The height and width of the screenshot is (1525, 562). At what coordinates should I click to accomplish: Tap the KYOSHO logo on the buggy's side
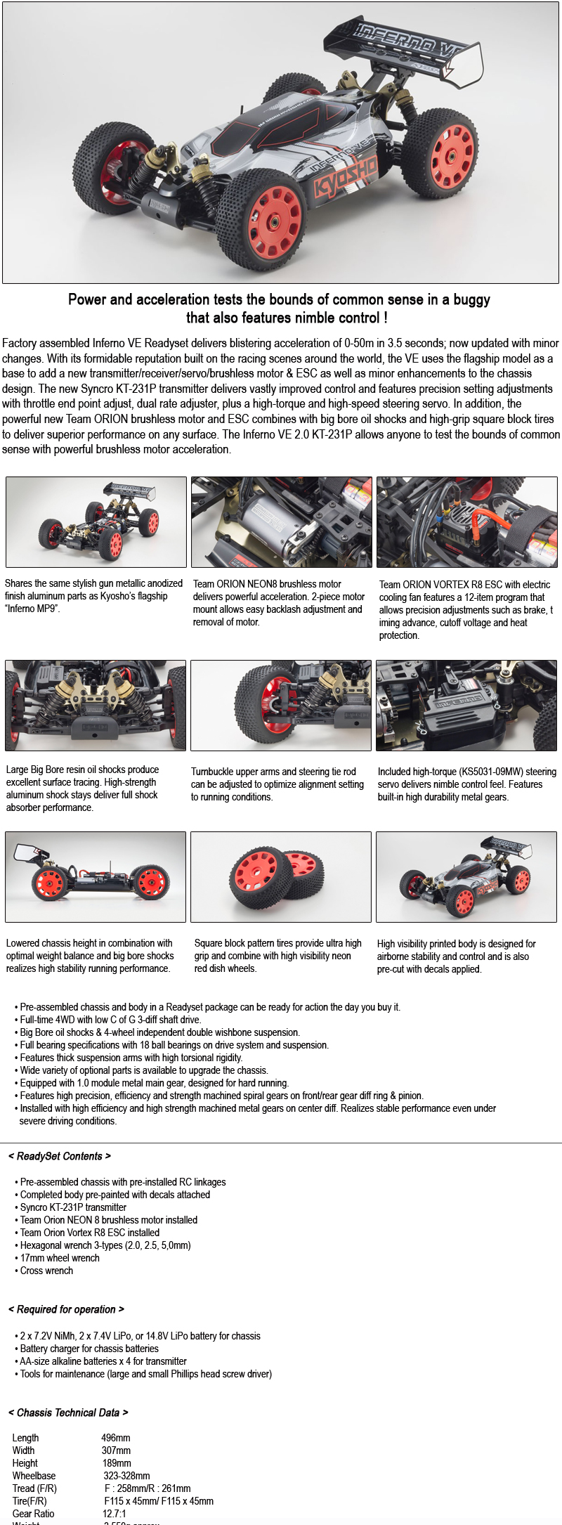point(345,179)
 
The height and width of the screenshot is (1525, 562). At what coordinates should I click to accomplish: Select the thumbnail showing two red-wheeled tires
point(280,876)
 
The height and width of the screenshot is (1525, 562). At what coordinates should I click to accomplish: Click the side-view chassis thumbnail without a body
point(96,876)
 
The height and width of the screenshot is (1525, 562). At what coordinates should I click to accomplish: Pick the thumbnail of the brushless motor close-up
point(281,521)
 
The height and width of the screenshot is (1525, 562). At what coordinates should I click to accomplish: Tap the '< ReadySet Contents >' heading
point(60,1156)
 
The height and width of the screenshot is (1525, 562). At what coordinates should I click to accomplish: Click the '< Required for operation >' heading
point(66,1309)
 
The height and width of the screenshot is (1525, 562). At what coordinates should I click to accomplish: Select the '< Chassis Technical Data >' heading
point(68,1413)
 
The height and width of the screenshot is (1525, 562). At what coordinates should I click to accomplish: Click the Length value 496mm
point(116,1438)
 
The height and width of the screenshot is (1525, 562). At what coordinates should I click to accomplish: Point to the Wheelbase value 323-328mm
point(126,1476)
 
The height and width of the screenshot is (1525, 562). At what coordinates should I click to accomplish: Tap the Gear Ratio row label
point(33,1514)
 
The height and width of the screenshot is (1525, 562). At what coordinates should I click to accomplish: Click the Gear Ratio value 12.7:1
point(115,1514)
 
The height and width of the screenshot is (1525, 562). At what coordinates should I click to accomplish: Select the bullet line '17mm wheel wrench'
point(60,1258)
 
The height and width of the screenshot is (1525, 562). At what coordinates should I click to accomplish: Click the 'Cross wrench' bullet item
point(46,1271)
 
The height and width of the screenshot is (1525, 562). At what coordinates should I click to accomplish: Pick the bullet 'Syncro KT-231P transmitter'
point(73,1207)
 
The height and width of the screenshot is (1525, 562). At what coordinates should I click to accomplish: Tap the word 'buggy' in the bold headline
point(471,299)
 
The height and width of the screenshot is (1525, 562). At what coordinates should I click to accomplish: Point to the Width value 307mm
point(116,1451)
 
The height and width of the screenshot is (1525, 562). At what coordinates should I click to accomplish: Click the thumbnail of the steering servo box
point(466,705)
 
